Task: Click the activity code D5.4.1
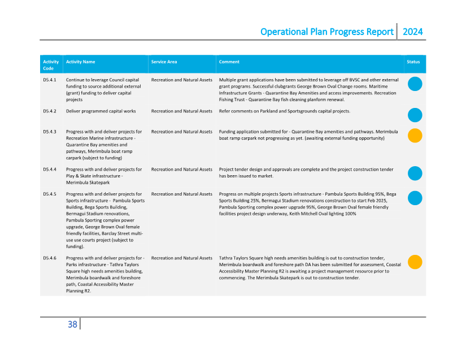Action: tap(49, 80)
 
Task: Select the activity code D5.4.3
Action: tap(49, 132)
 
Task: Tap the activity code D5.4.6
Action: tap(49, 258)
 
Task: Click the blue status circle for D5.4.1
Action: tap(415, 84)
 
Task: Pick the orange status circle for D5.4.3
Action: tap(415, 136)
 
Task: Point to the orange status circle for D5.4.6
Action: tap(415, 262)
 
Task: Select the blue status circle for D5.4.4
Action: tap(415, 174)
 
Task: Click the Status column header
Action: tap(413, 62)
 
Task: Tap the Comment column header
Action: tap(229, 62)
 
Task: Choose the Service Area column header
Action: tap(164, 62)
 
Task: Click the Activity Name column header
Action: tap(80, 62)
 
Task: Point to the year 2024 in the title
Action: tap(412, 32)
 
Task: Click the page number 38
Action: tap(72, 324)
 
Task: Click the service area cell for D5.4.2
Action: tap(181, 111)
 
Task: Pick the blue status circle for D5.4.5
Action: tap(415, 198)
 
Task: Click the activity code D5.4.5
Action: tap(49, 194)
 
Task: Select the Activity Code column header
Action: tap(50, 64)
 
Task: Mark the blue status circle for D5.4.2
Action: tap(415, 115)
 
